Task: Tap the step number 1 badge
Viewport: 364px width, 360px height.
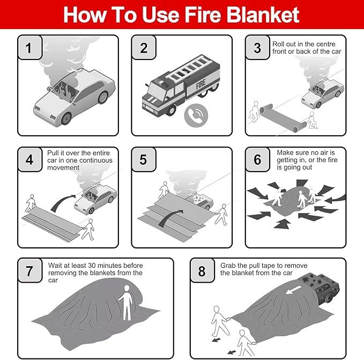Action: pos(30,48)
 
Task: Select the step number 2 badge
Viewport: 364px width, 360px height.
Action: pos(144,48)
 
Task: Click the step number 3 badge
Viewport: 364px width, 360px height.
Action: pos(257,48)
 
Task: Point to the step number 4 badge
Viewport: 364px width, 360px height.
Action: pos(30,160)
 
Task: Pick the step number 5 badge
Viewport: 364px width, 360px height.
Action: pos(144,160)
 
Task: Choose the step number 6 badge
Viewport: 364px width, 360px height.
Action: pos(257,160)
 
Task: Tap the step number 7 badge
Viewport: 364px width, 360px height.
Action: pos(30,271)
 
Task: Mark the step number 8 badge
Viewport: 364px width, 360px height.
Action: pos(202,271)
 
